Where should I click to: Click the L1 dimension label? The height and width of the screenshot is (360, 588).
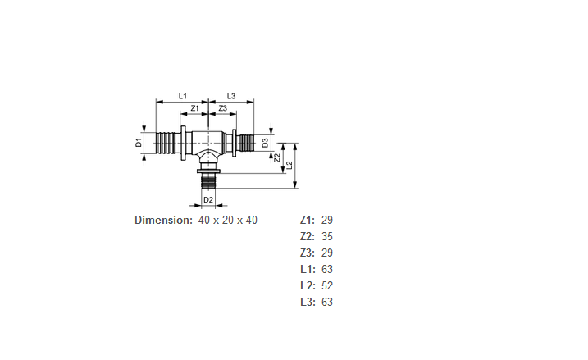click(x=183, y=97)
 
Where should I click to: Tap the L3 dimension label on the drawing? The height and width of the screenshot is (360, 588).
click(x=231, y=97)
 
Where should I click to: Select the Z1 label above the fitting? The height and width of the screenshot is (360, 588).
click(x=194, y=108)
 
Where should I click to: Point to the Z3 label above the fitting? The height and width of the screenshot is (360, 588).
click(x=223, y=108)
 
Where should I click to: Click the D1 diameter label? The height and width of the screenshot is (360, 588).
click(x=139, y=143)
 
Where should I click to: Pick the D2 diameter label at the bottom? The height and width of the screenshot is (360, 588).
click(x=208, y=200)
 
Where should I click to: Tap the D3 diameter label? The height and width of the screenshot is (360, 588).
click(x=265, y=143)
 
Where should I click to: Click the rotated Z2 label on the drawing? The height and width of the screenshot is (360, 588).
click(x=277, y=157)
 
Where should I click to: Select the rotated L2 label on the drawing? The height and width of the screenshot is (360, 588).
click(x=289, y=165)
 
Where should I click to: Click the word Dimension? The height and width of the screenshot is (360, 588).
click(x=163, y=220)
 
